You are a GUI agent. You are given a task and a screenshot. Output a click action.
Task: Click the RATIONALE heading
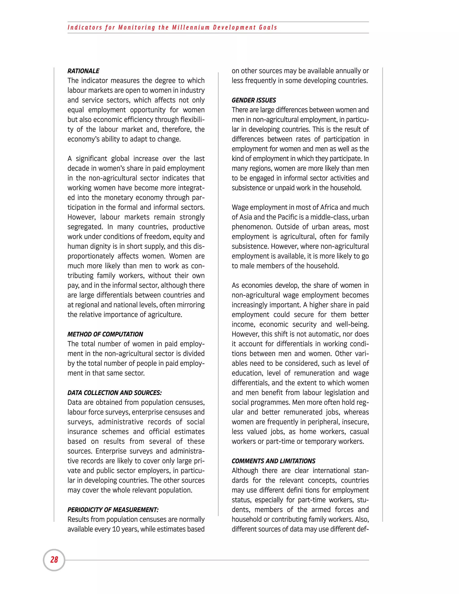point(83,71)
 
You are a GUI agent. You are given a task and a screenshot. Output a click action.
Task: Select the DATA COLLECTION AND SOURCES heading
point(115,393)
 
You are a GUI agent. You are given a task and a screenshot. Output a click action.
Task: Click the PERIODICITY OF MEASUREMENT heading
point(113,510)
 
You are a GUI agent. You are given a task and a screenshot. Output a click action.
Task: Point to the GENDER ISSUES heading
point(254,100)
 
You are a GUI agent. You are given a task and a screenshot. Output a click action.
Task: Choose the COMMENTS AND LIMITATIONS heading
point(273,461)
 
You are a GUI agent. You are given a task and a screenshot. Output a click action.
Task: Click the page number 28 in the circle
point(54,560)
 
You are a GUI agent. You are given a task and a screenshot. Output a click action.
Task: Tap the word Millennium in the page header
point(191,28)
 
